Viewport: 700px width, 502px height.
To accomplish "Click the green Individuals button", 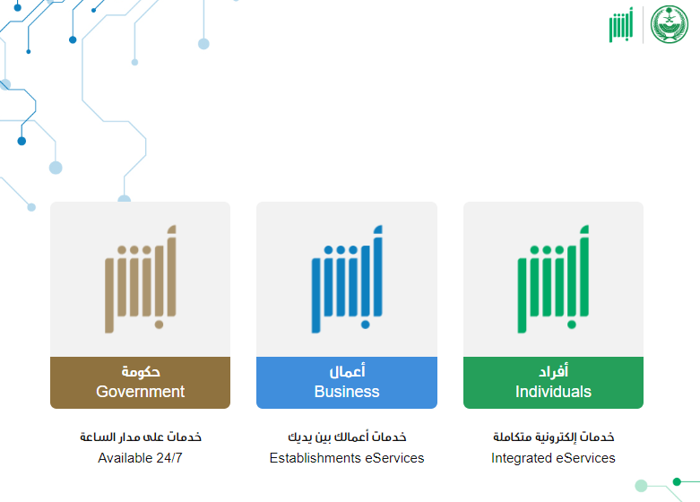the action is (553, 382).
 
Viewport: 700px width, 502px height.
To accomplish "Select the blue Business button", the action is (347, 382).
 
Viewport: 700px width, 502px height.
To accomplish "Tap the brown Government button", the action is (140, 382).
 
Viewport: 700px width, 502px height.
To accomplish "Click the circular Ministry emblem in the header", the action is (670, 24).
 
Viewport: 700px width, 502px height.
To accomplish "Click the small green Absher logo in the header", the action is (621, 25).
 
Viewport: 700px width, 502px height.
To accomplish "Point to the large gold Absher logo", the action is (141, 279).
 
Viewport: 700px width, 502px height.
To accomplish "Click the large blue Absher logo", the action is (347, 279).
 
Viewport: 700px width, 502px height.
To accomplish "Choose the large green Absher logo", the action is (553, 279).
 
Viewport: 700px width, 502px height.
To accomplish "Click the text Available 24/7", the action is (140, 458).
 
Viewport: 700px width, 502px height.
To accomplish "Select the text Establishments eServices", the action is (347, 458).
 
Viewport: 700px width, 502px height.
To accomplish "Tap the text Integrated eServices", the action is (553, 458).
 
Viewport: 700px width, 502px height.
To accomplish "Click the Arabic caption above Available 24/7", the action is (141, 437).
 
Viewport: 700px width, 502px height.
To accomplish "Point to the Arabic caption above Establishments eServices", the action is (347, 437).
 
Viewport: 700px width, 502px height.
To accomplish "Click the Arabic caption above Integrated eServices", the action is (554, 437).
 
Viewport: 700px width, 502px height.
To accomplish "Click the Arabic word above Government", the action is (141, 371).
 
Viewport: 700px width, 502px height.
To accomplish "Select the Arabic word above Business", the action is (348, 371).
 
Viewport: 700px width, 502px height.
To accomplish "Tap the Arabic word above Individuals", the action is (554, 371).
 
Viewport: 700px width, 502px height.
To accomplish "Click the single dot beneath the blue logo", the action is (365, 325).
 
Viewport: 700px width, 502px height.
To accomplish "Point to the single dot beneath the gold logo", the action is (159, 325).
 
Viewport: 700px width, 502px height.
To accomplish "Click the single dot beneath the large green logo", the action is (572, 325).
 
